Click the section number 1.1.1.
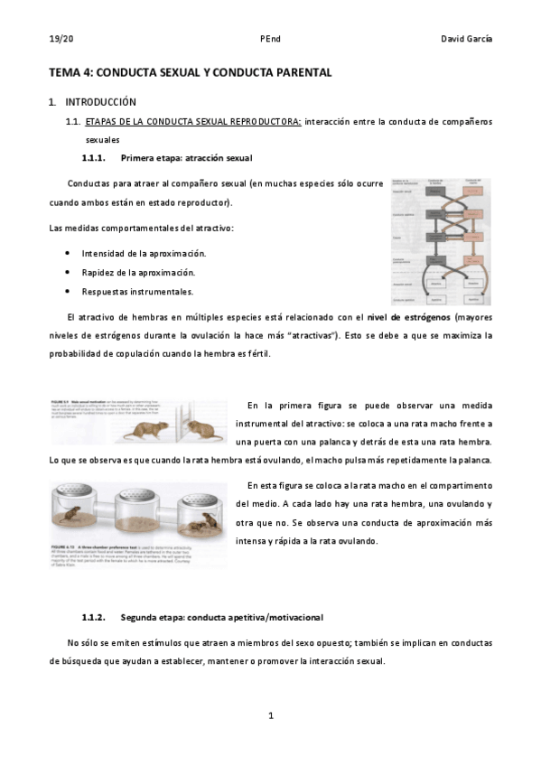click(94, 158)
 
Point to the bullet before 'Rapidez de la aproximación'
click(70, 272)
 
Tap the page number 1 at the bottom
click(270, 716)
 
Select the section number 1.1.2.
click(94, 618)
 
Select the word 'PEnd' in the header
click(270, 39)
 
